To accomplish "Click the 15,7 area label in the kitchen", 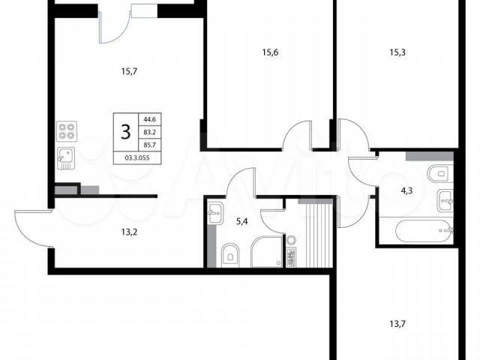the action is pyautogui.click(x=129, y=72).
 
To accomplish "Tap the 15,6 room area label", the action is pyautogui.click(x=270, y=52).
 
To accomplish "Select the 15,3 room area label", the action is pyautogui.click(x=397, y=52).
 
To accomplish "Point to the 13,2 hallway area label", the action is pyautogui.click(x=129, y=232).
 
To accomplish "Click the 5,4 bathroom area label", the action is pyautogui.click(x=241, y=221).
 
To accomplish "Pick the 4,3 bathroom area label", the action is pyautogui.click(x=406, y=191).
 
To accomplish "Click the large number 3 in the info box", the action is pyautogui.click(x=126, y=132).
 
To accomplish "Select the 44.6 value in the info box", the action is pyautogui.click(x=150, y=119).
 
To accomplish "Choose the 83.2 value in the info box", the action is pyautogui.click(x=150, y=132).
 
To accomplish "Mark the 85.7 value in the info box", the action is pyautogui.click(x=150, y=145).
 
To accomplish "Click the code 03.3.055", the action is pyautogui.click(x=137, y=158).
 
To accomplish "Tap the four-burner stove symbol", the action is pyautogui.click(x=67, y=131).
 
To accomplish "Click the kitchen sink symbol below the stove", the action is pyautogui.click(x=66, y=158).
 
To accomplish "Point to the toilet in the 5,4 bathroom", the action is pyautogui.click(x=230, y=253).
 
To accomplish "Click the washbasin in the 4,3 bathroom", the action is pyautogui.click(x=445, y=200).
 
